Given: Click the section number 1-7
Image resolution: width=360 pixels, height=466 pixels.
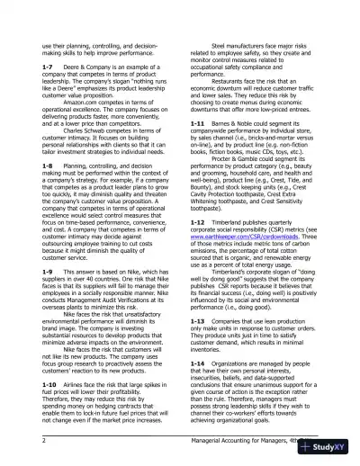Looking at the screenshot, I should click(49, 67).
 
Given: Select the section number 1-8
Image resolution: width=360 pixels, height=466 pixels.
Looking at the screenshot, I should click(49, 166).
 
